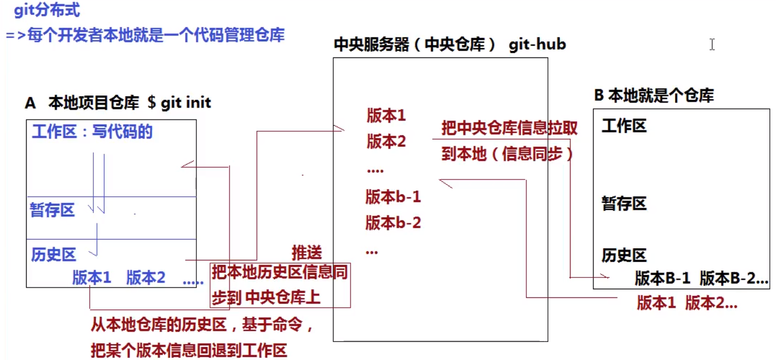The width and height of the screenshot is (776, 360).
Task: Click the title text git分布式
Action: click(47, 10)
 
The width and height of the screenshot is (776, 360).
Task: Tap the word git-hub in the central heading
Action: click(537, 45)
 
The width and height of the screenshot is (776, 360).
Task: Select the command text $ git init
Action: click(179, 102)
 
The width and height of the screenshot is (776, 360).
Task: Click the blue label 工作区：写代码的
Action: click(92, 132)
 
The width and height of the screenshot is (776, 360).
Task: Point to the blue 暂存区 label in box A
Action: click(52, 210)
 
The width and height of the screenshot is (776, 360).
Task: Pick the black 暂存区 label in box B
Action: click(624, 204)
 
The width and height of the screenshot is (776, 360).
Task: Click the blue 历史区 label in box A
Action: click(53, 254)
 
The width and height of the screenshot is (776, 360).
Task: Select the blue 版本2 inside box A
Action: click(146, 278)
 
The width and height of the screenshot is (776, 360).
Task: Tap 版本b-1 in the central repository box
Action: click(393, 196)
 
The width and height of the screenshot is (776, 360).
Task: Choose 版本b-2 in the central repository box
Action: click(393, 223)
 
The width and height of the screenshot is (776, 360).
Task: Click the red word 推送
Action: click(307, 252)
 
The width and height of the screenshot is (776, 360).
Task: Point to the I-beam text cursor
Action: click(712, 45)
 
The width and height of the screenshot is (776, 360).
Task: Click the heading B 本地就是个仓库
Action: click(654, 95)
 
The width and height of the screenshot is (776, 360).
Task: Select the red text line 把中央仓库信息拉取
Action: click(509, 128)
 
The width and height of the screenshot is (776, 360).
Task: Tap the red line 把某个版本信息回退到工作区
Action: click(189, 351)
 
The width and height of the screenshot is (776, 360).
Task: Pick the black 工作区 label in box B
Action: click(624, 126)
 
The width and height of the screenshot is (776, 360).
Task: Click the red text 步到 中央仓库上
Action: click(266, 298)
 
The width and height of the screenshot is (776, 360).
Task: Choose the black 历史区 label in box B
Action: click(624, 255)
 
